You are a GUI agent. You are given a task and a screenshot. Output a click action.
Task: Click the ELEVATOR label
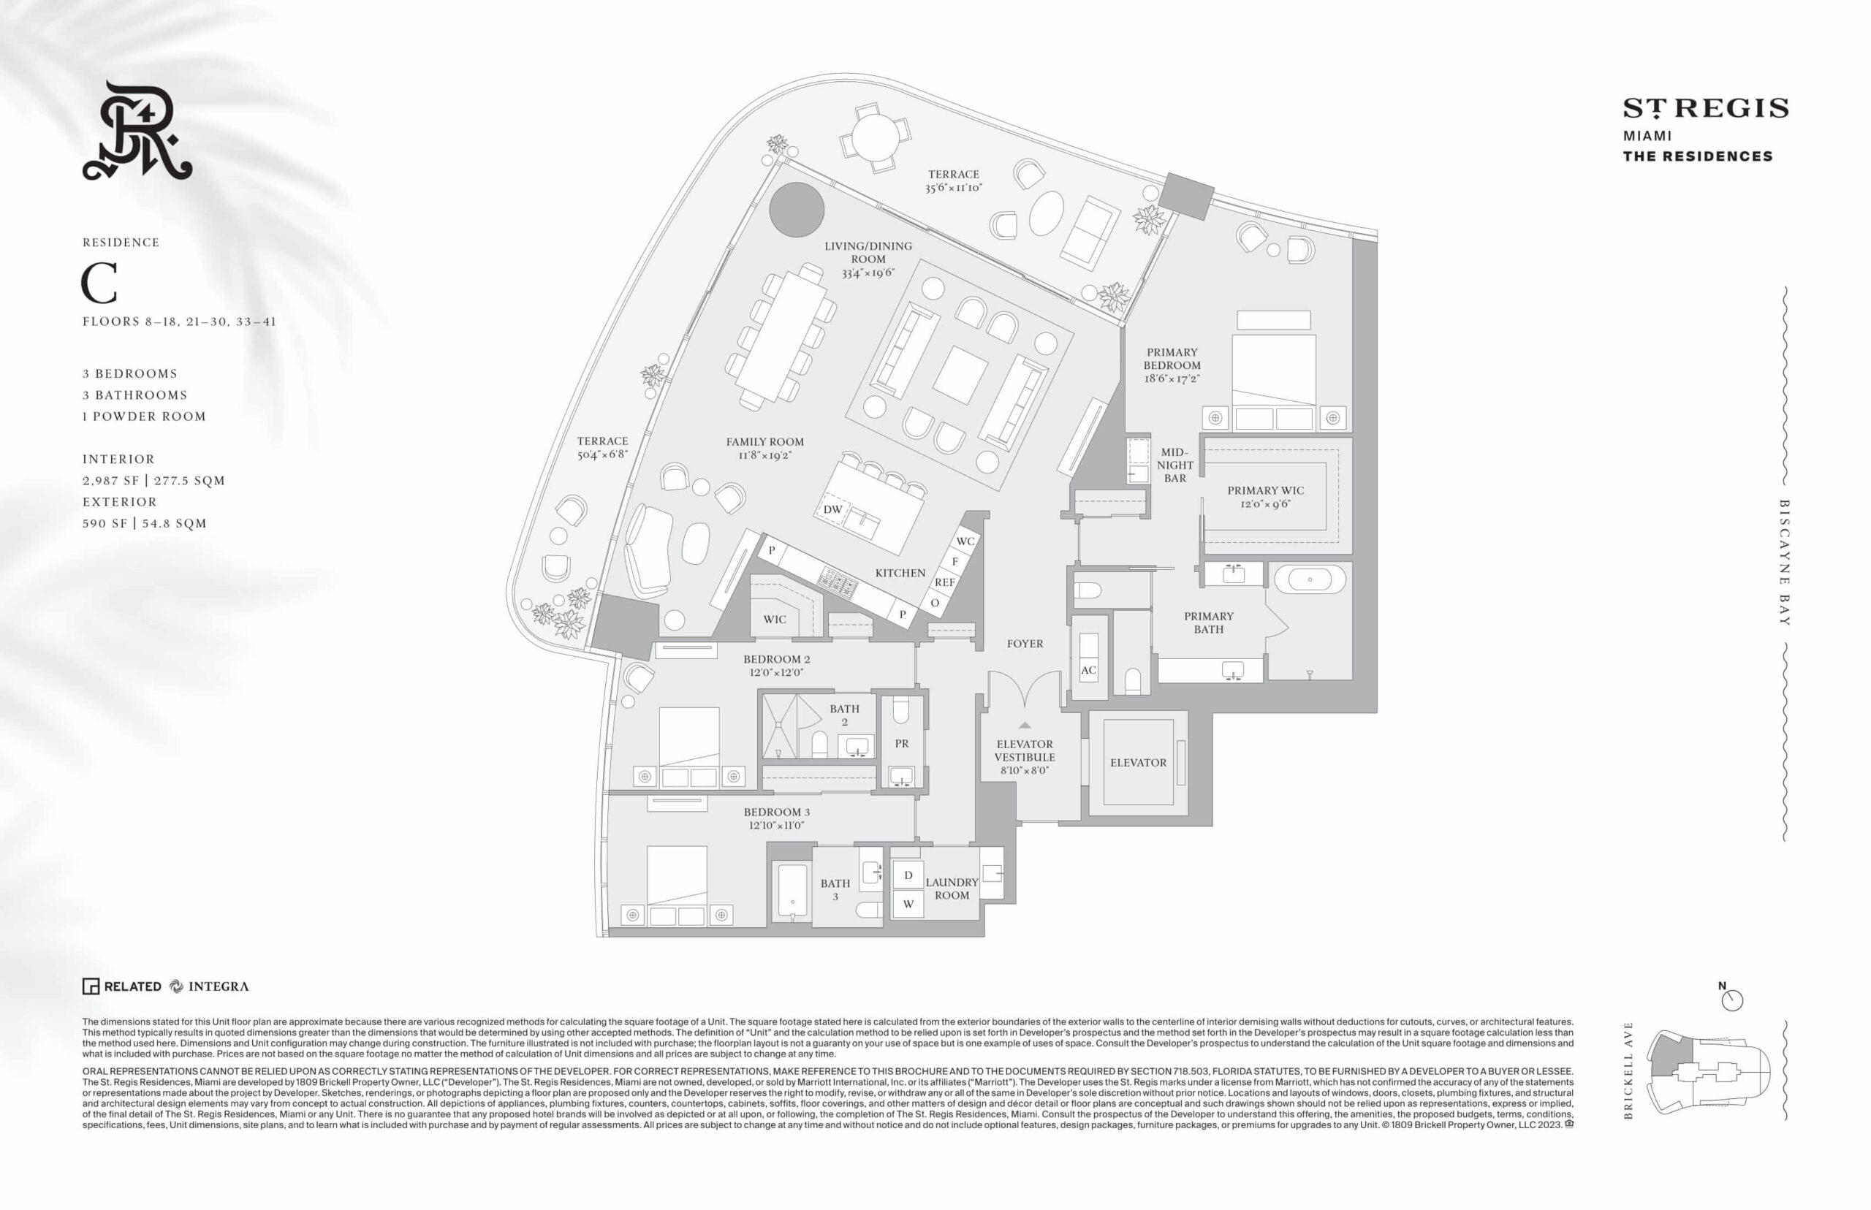point(1138,762)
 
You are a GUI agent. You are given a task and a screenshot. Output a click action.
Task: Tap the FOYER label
point(1025,644)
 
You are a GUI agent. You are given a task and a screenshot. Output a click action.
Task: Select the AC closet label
point(1088,670)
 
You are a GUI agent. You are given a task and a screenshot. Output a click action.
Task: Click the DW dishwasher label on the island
point(833,509)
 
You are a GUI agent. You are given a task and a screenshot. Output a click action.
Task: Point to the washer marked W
point(908,904)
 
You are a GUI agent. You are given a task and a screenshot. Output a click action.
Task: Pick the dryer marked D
point(908,875)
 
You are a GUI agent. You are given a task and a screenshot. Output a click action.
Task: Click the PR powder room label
point(901,743)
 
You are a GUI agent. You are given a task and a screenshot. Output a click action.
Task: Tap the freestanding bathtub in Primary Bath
point(1309,580)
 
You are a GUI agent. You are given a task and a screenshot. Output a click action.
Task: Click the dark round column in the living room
point(796,210)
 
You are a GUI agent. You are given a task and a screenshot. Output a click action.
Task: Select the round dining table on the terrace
point(876,137)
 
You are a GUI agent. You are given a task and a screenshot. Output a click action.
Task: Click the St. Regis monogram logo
point(137,131)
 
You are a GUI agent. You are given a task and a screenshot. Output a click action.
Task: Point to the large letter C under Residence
point(100,283)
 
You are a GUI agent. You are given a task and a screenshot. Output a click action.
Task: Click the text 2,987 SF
point(111,481)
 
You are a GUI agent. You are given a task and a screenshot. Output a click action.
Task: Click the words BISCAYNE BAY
point(1785,563)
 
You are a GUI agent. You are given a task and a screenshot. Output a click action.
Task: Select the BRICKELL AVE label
point(1628,1070)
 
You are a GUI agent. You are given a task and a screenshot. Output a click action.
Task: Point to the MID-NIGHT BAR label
point(1174,465)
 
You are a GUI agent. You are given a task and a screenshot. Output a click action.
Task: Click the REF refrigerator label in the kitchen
point(944,582)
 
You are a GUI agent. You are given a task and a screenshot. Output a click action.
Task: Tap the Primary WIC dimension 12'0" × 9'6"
point(1265,503)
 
